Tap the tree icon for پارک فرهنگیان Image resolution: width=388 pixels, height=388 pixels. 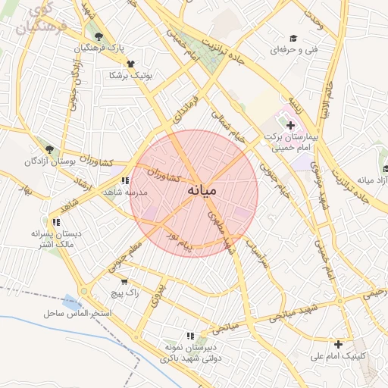pyautogui.click(x=99, y=36)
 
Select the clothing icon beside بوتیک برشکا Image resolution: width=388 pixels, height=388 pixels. pyautogui.click(x=130, y=64)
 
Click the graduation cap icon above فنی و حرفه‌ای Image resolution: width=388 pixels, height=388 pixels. pyautogui.click(x=293, y=38)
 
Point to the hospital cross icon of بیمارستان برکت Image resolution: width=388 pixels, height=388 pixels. pyautogui.click(x=290, y=124)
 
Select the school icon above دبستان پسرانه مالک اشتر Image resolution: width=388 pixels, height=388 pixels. pyautogui.click(x=56, y=222)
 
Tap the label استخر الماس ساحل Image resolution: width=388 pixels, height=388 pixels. pyautogui.click(x=78, y=312)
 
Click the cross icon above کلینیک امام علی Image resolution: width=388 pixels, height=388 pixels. pyautogui.click(x=338, y=343)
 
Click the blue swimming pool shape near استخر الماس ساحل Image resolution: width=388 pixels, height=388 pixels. pyautogui.click(x=73, y=301)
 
